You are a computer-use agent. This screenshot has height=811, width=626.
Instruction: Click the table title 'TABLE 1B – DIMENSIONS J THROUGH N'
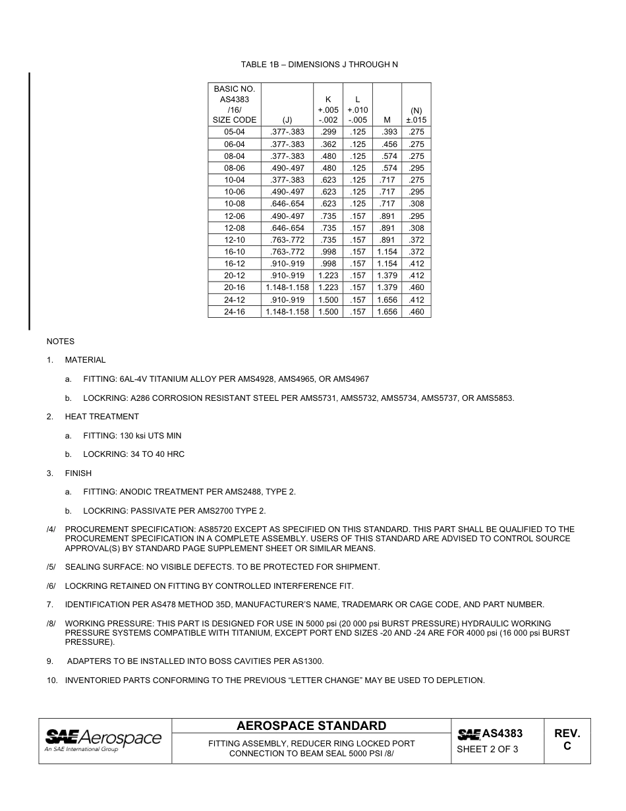(x=319, y=65)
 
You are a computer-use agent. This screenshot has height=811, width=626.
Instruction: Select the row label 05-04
(x=234, y=132)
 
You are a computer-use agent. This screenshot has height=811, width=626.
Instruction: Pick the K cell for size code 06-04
(x=328, y=144)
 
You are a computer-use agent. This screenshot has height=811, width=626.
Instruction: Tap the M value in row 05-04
(x=386, y=132)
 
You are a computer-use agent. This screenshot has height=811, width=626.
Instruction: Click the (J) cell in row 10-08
(x=287, y=204)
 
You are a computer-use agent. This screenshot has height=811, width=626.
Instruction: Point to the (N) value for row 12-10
(x=416, y=240)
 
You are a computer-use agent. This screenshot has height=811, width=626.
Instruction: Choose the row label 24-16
(x=234, y=312)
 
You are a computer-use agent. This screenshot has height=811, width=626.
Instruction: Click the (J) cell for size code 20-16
(x=287, y=287)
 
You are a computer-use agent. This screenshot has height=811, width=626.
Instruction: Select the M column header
(x=386, y=120)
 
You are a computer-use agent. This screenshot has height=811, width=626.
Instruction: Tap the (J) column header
(x=287, y=120)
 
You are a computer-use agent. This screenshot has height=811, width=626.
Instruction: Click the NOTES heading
(x=60, y=342)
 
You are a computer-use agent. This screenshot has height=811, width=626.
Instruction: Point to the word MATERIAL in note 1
(x=85, y=360)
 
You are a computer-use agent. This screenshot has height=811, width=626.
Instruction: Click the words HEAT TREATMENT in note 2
(x=101, y=417)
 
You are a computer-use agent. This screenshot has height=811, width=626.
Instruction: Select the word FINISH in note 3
(x=78, y=473)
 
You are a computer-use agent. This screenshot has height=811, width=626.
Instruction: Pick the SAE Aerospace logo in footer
(x=103, y=740)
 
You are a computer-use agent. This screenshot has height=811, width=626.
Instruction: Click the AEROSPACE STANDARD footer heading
(x=311, y=726)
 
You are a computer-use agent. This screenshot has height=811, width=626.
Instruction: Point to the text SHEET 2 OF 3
(x=487, y=749)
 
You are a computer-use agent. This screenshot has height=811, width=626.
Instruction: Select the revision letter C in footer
(x=567, y=746)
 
